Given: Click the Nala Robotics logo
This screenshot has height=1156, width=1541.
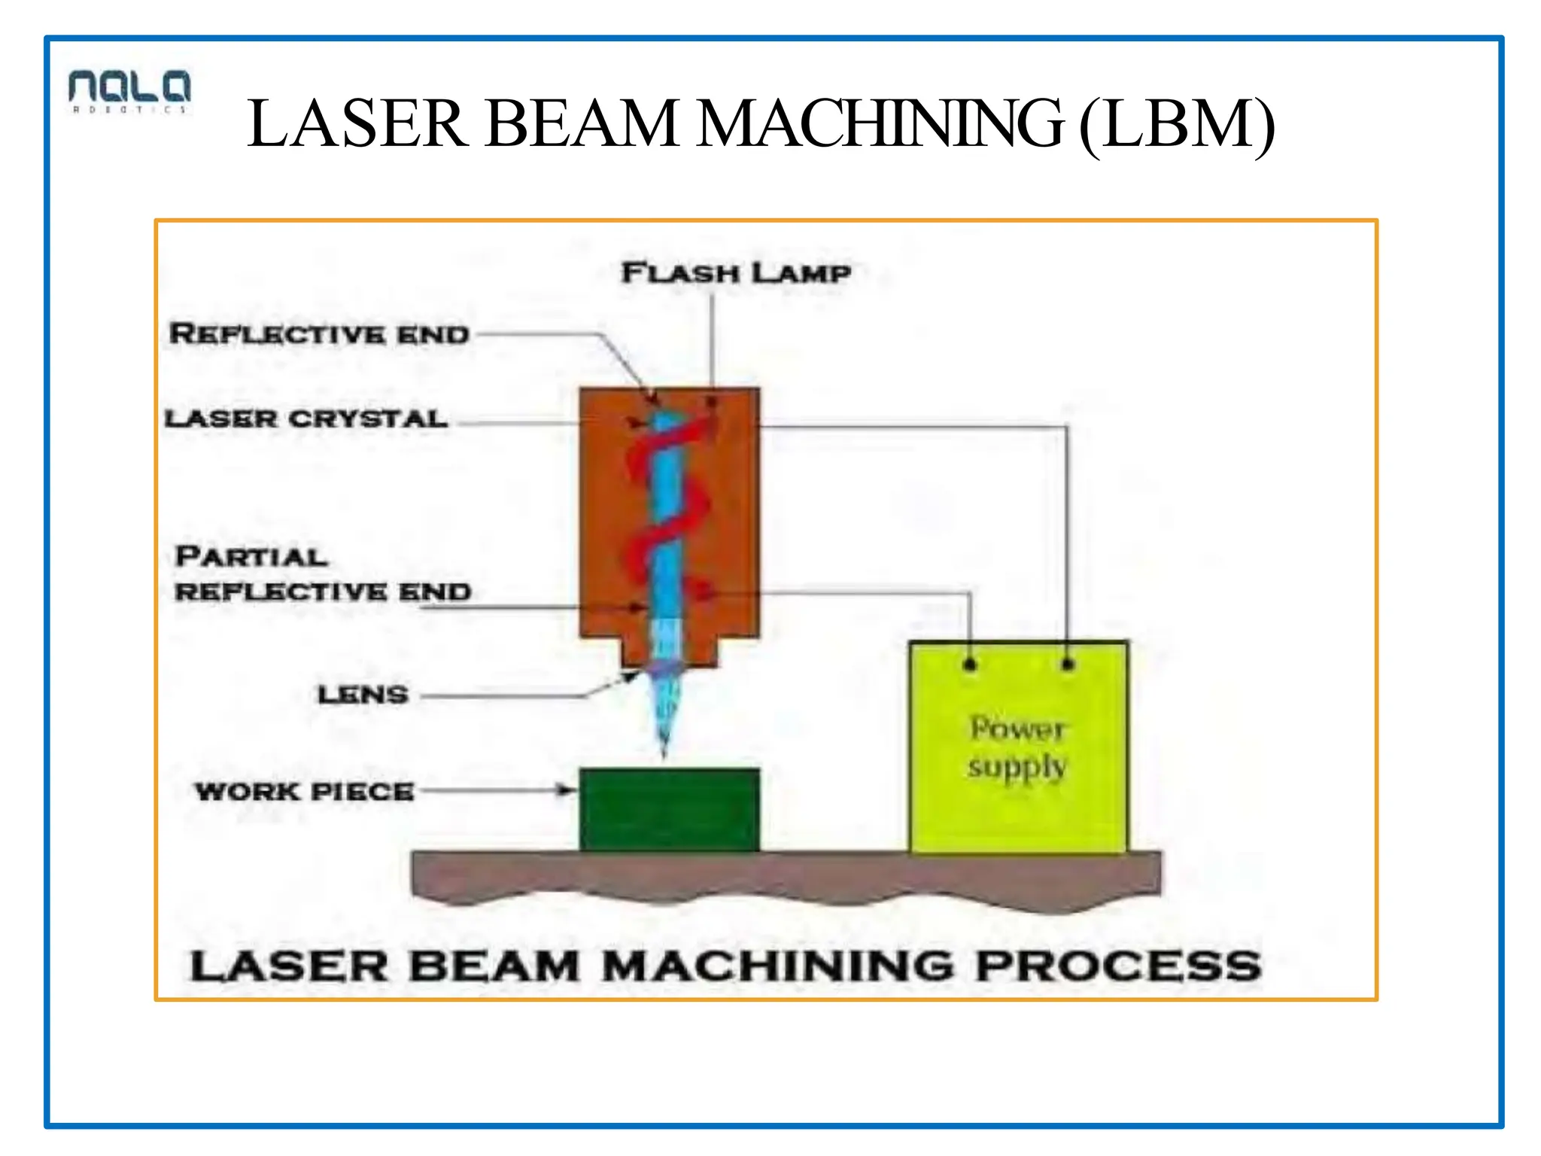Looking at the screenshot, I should coord(129,91).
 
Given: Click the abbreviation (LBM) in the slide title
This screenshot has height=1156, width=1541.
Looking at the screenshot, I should coord(1177,125).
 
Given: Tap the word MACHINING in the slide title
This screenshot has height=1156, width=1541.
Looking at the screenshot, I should coord(880,125).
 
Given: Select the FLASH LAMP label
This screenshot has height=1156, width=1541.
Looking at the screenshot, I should coord(736,273).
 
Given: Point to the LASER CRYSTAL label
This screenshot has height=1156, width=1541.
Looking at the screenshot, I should coord(306,419).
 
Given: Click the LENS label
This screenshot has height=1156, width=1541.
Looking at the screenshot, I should coord(363,695).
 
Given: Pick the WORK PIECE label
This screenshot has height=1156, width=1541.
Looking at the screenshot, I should coord(305,792).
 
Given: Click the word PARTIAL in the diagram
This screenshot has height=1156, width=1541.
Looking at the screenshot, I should coord(251,557).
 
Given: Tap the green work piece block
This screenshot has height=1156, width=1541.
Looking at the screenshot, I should coord(669,811).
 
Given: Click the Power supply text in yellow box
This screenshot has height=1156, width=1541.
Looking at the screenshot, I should coord(1017,747).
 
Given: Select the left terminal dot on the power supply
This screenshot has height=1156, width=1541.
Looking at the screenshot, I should coord(970,665).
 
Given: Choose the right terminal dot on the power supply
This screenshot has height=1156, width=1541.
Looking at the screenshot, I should coord(1068,665).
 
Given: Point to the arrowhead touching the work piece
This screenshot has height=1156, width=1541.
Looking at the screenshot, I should coord(565,789).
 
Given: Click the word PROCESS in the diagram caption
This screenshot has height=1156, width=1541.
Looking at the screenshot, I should coord(1118,966).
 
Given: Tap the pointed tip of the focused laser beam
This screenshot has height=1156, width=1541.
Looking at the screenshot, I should coord(664,753).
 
